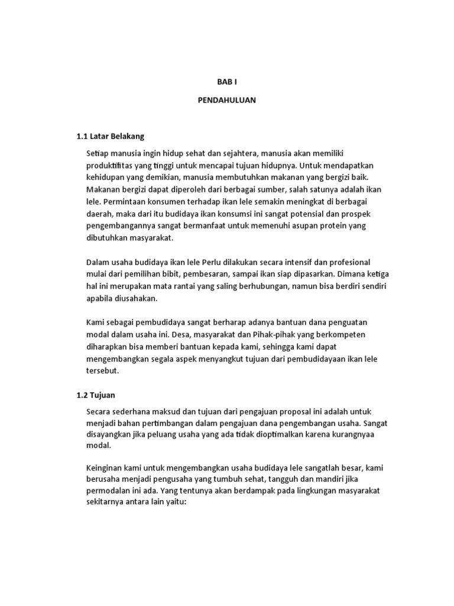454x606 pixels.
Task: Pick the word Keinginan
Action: pos(106,468)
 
